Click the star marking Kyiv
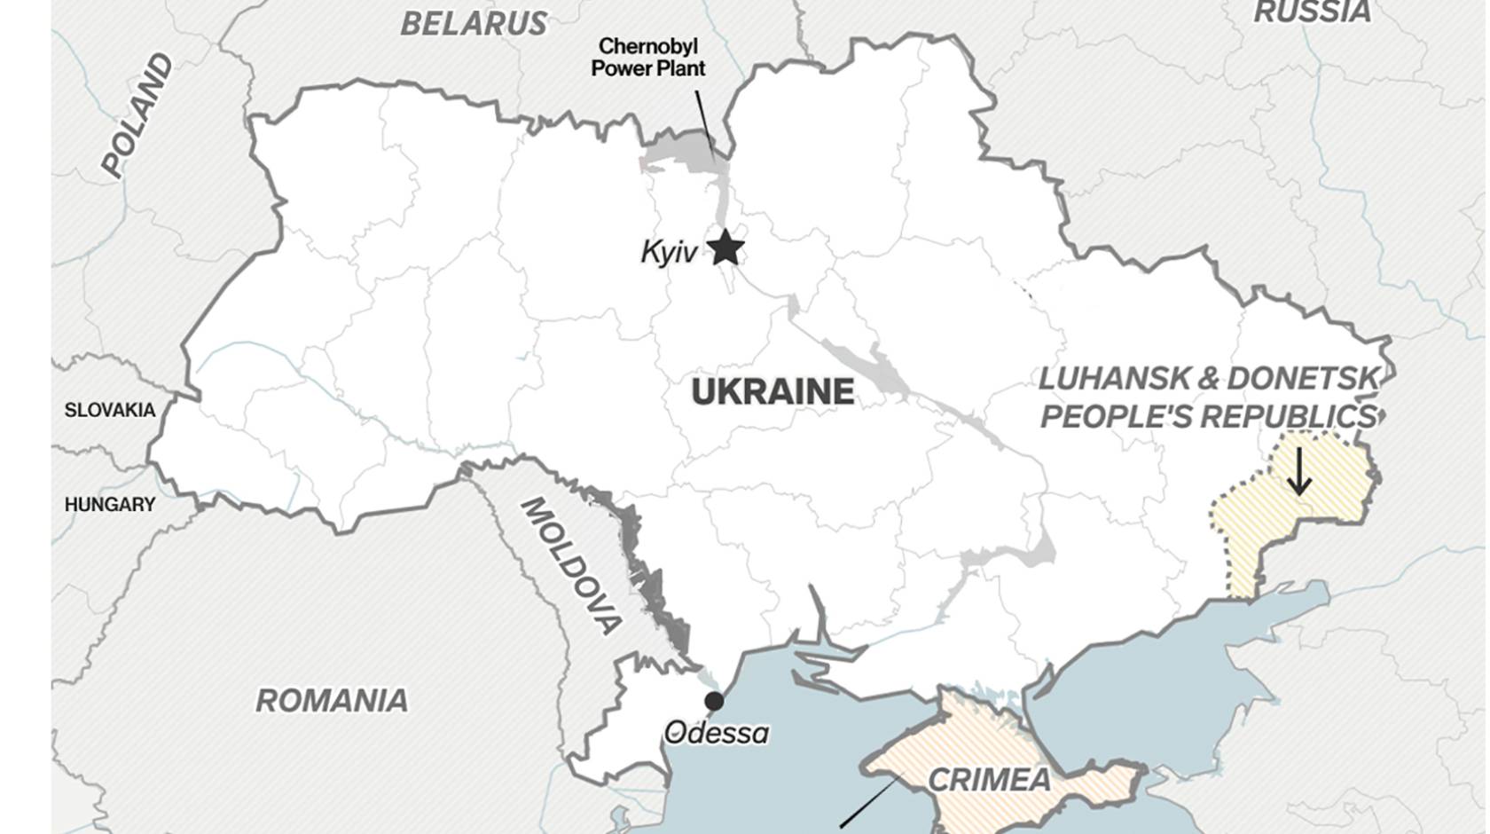coord(725,248)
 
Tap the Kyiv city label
coord(669,253)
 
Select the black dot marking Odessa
coord(714,702)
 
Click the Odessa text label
coord(717,733)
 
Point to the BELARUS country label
coord(474,24)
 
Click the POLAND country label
coord(137,115)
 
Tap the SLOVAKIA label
coord(109,410)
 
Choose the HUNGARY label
coord(109,505)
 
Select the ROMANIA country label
coord(332,701)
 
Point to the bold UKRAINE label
coord(772,392)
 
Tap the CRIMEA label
coord(989,780)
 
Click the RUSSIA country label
coord(1312,12)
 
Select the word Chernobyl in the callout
coord(647,46)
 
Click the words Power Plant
coord(648,68)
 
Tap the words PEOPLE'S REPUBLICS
coord(1209,416)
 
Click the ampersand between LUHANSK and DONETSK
coord(1209,379)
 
